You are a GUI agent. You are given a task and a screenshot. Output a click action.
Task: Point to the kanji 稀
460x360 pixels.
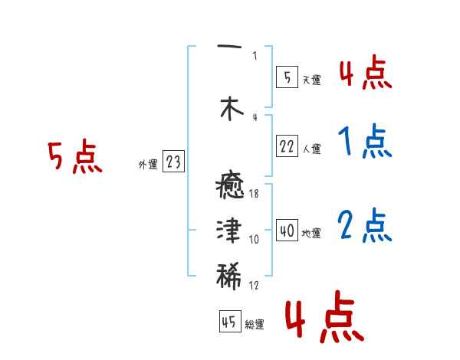click(229, 274)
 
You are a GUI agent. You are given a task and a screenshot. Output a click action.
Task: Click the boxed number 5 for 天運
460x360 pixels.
click(287, 77)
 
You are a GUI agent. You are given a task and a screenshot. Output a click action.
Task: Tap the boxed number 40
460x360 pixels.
click(287, 230)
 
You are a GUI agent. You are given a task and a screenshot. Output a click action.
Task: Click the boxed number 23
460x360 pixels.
click(174, 162)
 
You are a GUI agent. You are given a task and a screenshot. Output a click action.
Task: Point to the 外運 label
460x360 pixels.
click(148, 163)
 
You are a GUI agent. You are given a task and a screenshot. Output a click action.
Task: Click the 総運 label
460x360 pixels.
click(255, 324)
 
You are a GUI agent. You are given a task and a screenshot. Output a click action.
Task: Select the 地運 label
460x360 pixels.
click(311, 232)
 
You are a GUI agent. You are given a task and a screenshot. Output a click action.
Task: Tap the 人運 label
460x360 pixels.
click(311, 149)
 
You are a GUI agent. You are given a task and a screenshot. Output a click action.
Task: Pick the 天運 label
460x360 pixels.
click(311, 78)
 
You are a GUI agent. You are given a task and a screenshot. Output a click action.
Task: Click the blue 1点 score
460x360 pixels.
click(364, 142)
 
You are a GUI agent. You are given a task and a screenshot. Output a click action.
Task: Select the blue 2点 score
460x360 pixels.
click(365, 225)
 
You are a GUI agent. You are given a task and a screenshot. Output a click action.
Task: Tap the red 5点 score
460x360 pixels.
click(74, 158)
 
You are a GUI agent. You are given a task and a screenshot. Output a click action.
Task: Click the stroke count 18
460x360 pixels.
click(255, 195)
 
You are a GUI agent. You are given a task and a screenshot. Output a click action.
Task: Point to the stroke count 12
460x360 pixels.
click(255, 286)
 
